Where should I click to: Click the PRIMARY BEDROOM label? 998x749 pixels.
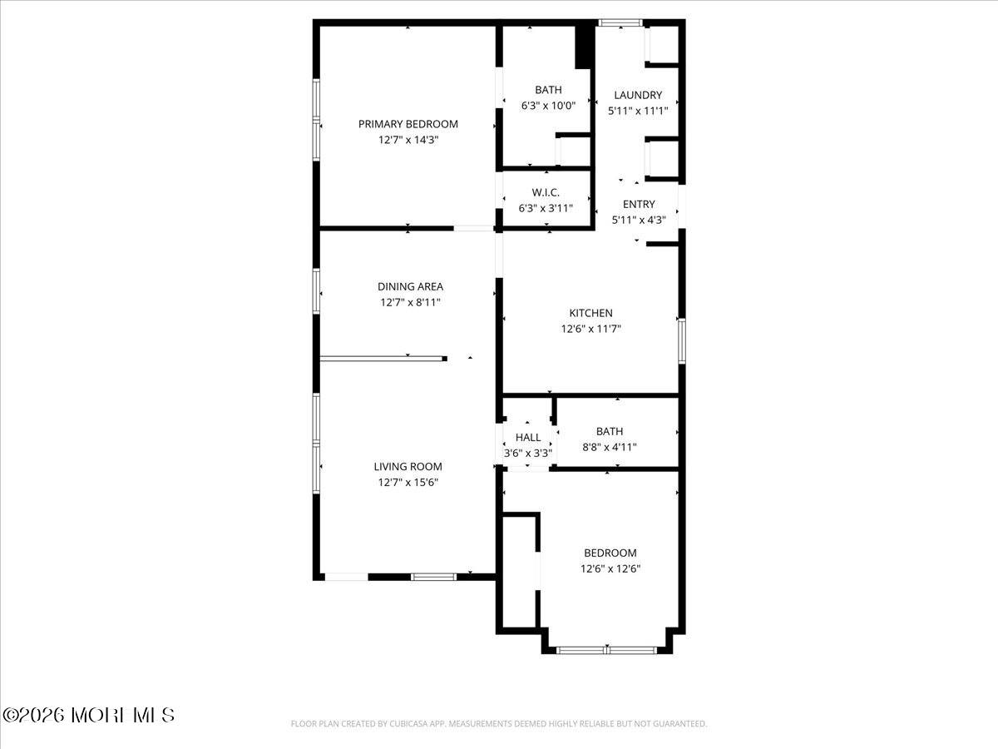(x=408, y=124)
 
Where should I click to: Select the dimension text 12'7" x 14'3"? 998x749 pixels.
(x=408, y=141)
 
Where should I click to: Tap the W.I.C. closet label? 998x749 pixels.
(x=546, y=192)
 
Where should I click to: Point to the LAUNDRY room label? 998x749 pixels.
(x=638, y=95)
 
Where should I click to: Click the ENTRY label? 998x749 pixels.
(x=639, y=204)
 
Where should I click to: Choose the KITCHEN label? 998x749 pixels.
(x=590, y=313)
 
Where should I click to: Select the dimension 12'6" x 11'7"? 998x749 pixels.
(x=590, y=329)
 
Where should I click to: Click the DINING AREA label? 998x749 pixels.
(x=410, y=286)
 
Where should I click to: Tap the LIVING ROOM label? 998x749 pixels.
(x=408, y=467)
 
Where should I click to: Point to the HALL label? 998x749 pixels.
(x=527, y=437)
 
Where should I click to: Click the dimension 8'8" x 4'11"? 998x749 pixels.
(x=609, y=447)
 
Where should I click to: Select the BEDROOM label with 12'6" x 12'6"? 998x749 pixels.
(x=610, y=553)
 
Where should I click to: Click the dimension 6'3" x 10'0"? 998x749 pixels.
(x=548, y=106)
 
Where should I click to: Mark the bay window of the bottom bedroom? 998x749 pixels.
(x=608, y=649)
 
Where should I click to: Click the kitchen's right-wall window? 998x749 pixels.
(x=681, y=341)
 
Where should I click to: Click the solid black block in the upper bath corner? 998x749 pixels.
(x=585, y=47)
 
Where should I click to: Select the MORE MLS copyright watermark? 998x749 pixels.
(x=89, y=715)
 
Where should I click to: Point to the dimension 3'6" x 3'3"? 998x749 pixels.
(x=527, y=454)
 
